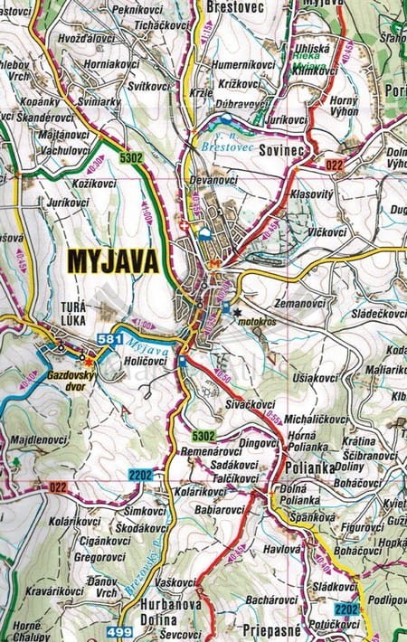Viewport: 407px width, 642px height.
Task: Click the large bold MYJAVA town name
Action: click(112, 262)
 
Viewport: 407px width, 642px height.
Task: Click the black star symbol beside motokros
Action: click(238, 312)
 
